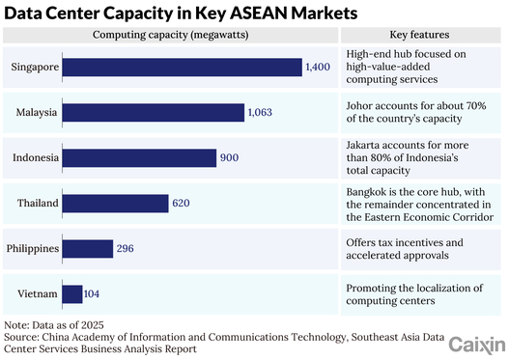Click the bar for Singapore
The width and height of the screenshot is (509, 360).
coord(183,68)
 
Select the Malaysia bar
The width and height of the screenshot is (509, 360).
coord(154,113)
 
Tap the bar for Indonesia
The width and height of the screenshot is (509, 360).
coord(139,158)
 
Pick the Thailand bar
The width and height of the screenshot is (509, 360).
coord(115,204)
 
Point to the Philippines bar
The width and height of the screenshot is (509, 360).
coord(88,249)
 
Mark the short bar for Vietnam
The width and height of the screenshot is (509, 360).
coord(72,294)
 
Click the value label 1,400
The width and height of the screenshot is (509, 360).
coord(318,67)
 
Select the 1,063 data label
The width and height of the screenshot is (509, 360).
coord(260,112)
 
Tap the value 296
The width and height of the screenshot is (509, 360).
coord(125,248)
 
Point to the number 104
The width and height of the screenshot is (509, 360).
coord(92,293)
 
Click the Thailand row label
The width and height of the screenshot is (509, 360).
coord(38,203)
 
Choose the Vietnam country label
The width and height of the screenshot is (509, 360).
coord(38,293)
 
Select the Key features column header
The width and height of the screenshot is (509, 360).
coord(419,35)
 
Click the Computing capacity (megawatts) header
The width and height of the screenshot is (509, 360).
coord(170,35)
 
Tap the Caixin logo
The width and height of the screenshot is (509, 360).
coord(477,346)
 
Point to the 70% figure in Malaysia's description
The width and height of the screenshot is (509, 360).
coord(476,106)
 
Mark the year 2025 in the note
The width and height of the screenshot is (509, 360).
coord(93,325)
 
